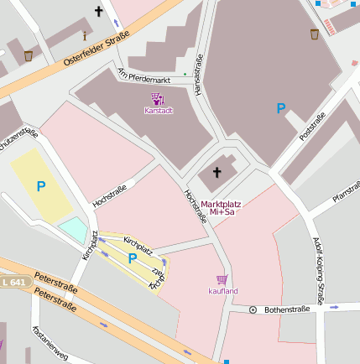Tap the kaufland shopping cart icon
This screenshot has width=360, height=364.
222,280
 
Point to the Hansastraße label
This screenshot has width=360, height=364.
200,74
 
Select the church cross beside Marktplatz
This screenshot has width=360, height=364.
217,173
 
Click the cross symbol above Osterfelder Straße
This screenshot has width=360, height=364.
99,12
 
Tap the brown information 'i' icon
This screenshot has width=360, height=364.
84,36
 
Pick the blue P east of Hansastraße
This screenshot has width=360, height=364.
281,108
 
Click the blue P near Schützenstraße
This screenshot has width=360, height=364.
40,185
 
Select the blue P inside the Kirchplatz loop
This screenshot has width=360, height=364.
132,259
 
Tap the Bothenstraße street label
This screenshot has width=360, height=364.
287,309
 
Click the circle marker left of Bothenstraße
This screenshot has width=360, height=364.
253,310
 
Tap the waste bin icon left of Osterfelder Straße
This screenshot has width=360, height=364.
29,56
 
